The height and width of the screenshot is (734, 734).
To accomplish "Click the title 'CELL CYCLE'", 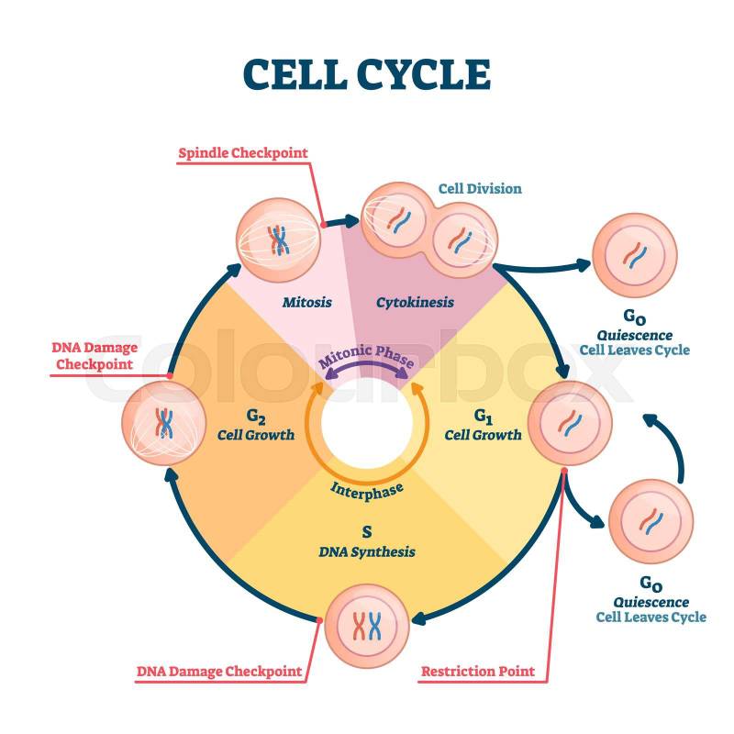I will click(367, 74).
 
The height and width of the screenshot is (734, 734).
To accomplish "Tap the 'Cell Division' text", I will click(479, 189).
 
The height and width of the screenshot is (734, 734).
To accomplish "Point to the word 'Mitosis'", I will click(306, 301).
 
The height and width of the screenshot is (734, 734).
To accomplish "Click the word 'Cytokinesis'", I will click(415, 301).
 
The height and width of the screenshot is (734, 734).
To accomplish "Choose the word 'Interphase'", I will click(367, 489).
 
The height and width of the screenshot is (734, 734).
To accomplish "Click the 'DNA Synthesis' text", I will click(367, 551).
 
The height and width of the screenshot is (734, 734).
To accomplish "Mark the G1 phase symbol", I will click(484, 416).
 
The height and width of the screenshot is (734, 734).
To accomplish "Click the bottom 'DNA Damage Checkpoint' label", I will click(219, 672).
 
